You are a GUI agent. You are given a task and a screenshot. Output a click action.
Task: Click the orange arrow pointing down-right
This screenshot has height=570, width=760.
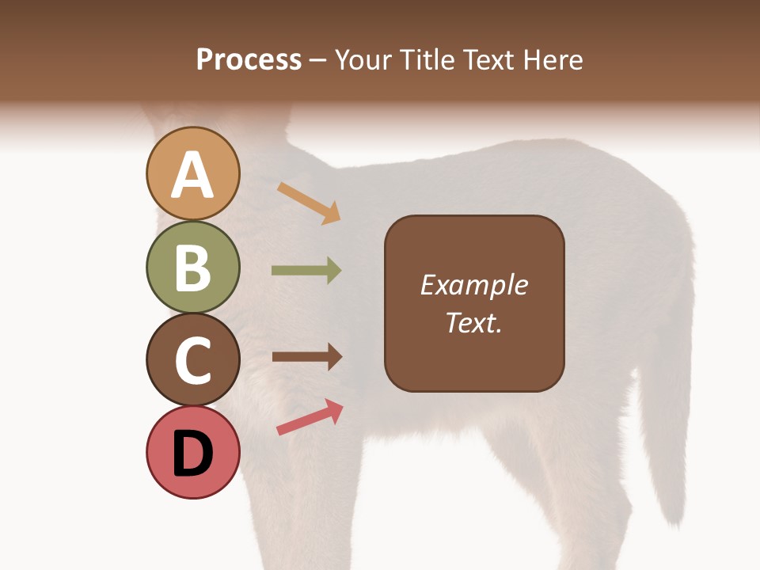click(x=309, y=202)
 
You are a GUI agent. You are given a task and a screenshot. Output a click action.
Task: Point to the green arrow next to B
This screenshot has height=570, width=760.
click(x=306, y=271)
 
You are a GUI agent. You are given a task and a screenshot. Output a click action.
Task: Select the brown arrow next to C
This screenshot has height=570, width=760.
click(x=306, y=356)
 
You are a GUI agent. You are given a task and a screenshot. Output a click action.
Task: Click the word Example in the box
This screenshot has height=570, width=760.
click(x=474, y=285)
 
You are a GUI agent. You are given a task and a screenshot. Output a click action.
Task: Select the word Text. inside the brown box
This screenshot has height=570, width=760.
click(x=474, y=323)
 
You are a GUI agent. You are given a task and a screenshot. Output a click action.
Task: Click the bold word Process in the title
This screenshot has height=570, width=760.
click(x=249, y=60)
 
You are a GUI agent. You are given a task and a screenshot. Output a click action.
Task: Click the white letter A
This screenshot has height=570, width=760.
click(x=193, y=175)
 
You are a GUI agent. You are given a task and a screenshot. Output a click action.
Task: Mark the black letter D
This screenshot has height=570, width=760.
click(x=193, y=454)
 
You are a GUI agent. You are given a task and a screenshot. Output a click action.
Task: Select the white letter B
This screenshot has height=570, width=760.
click(x=193, y=268)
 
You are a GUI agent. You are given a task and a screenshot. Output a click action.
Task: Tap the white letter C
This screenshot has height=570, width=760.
click(x=193, y=361)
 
